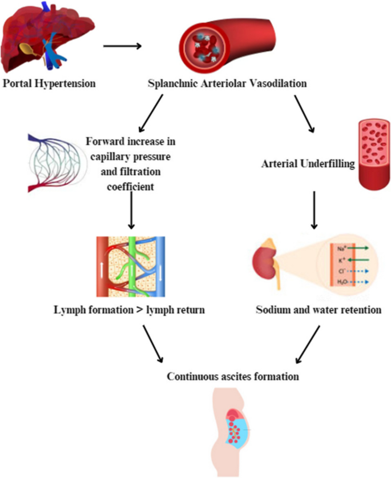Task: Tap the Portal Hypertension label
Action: [49, 84]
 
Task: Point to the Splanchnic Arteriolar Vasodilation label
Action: [228, 84]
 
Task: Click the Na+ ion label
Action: [341, 247]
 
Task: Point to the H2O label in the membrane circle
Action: [341, 282]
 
